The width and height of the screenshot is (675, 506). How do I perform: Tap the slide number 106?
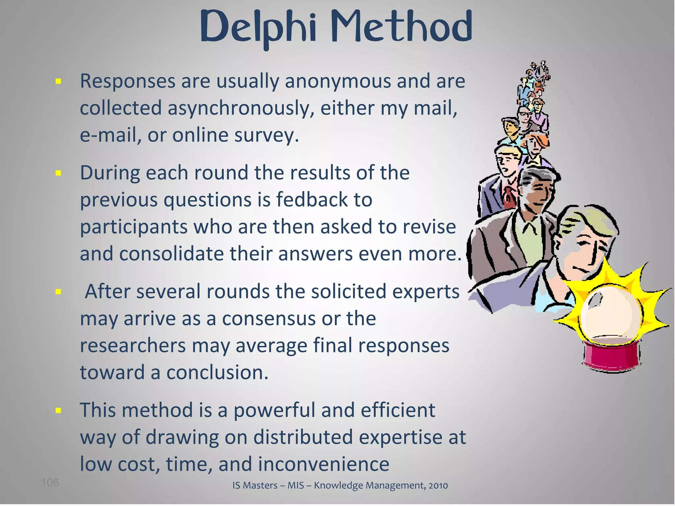(50, 483)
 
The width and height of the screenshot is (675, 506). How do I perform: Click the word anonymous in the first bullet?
(338, 81)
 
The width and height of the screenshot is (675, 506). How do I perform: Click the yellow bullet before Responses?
(59, 81)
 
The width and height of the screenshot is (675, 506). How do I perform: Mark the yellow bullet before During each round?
(59, 173)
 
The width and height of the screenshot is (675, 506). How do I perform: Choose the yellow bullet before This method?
(59, 410)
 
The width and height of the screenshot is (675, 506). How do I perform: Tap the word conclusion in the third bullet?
(217, 373)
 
